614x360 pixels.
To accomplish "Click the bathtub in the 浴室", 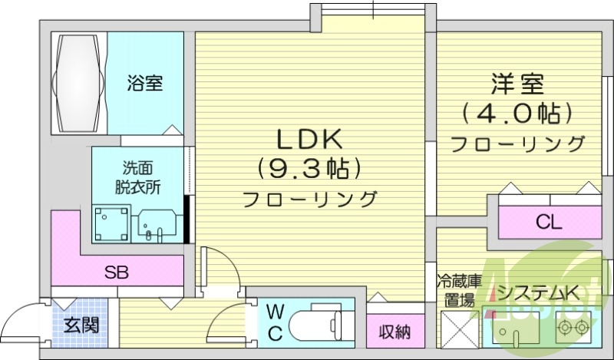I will click(77, 82).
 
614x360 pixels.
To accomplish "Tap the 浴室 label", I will click(144, 82).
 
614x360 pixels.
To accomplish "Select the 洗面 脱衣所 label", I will click(139, 177).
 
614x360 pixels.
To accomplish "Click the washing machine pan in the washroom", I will click(111, 223).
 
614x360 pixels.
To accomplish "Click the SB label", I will click(117, 271).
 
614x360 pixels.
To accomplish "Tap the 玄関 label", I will click(81, 325).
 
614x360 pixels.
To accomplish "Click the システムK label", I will click(537, 292).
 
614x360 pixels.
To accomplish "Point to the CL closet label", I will click(549, 223).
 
